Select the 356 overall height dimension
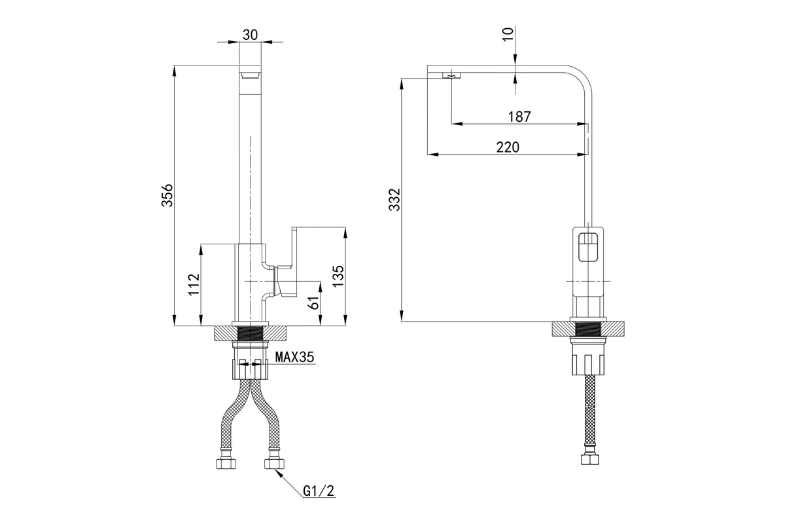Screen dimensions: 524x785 pos(167,195)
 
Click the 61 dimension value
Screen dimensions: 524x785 pos(313,303)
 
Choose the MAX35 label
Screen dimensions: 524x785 pos(294,358)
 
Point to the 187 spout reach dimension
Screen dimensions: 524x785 pos(519,117)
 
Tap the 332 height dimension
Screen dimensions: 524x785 pos(393,200)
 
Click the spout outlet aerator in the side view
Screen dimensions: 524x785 pos(451,77)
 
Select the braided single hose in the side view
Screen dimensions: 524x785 pos(589,409)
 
